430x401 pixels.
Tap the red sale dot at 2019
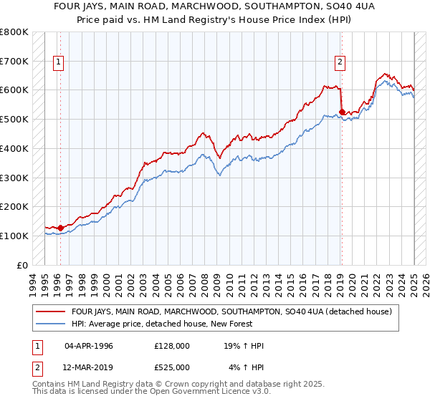(342, 112)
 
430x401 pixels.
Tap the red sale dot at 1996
(60, 228)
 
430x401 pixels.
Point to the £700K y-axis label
(14, 61)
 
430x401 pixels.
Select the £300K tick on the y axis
(14, 178)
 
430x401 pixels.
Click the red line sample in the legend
(50, 312)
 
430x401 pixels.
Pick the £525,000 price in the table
(172, 367)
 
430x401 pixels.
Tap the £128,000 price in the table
(172, 346)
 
